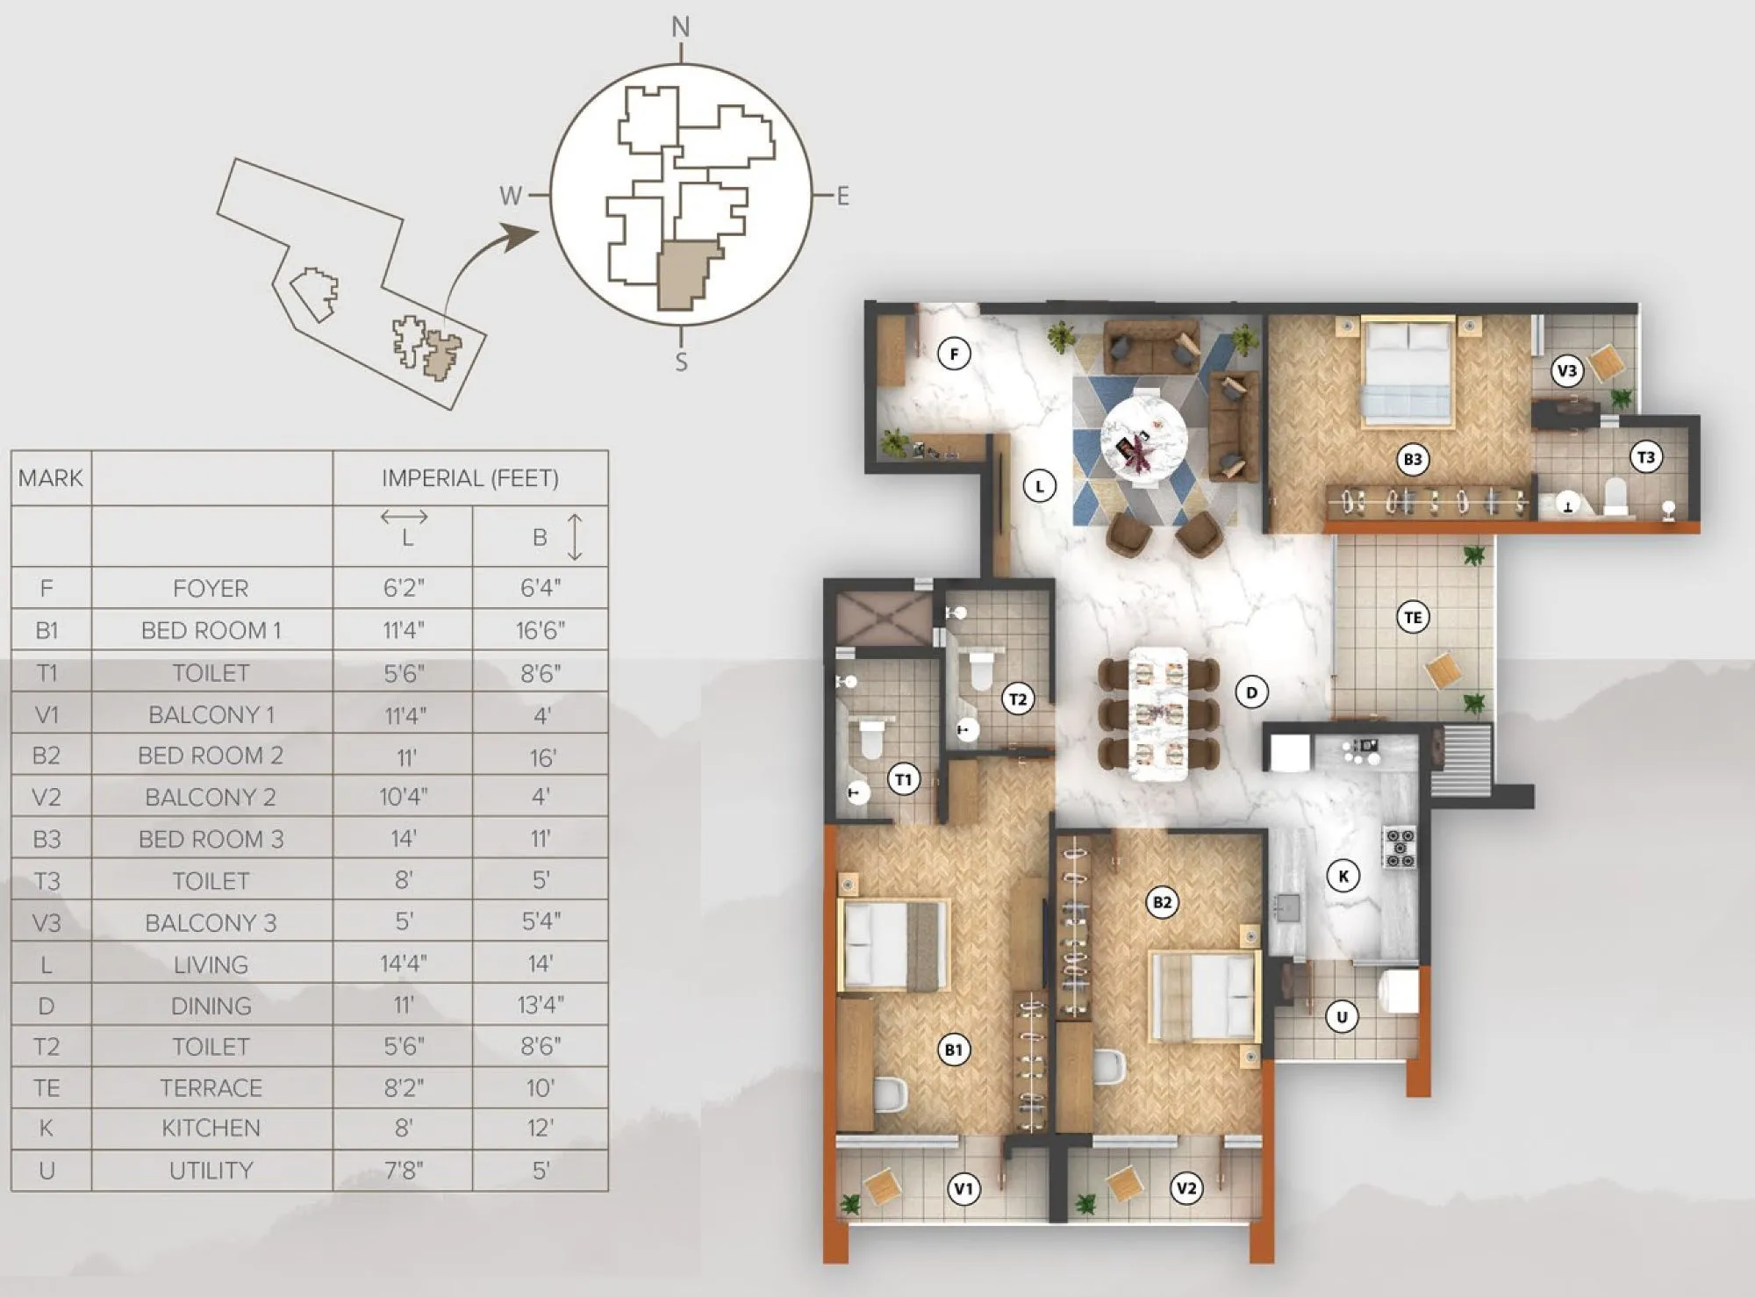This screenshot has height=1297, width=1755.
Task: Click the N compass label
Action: point(681,28)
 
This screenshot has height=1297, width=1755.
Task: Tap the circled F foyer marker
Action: point(954,355)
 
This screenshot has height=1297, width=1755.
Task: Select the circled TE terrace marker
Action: point(1413,618)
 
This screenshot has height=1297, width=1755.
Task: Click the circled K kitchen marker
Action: point(1343,876)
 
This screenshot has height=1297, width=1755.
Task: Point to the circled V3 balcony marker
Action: point(1566,371)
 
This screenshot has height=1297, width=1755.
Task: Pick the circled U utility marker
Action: point(1341,1017)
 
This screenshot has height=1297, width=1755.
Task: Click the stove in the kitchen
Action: point(1400,848)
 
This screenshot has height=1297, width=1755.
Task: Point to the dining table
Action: point(1158,713)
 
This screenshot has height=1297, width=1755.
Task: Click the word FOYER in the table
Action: point(211,588)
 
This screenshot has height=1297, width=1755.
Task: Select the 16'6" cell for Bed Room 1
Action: point(541,630)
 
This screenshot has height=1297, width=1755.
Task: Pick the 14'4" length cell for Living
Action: point(404,964)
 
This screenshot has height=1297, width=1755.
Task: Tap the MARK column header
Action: point(51,478)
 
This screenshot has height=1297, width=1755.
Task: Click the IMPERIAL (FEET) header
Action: point(470,478)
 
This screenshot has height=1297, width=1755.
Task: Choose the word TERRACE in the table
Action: point(211,1088)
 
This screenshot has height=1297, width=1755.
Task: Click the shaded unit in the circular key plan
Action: point(686,276)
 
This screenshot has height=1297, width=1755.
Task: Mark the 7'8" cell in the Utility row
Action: point(404,1171)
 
